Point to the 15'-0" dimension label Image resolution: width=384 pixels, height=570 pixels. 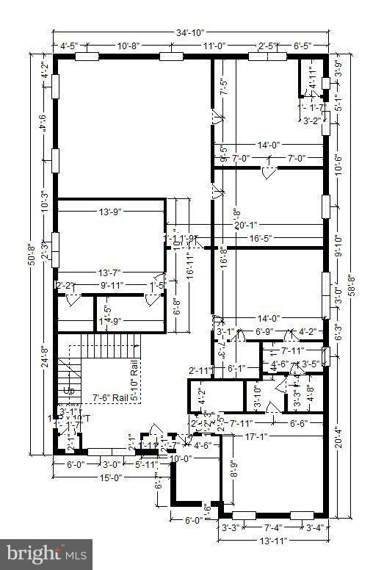(x=110, y=478)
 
